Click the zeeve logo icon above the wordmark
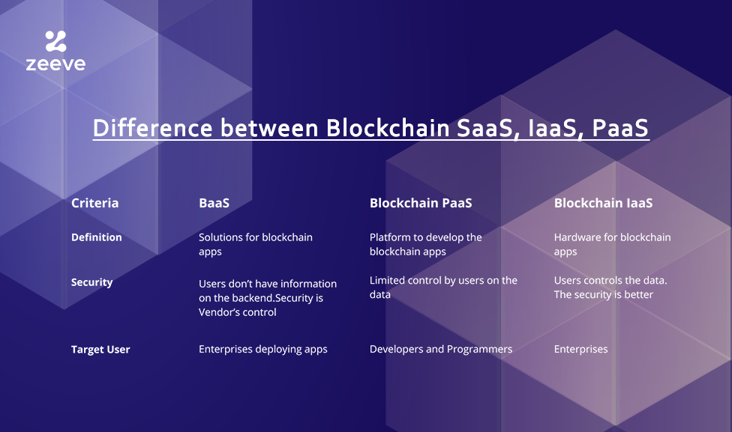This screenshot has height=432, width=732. [55, 41]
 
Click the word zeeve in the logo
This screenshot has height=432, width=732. [55, 64]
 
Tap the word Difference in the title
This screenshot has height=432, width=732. [153, 127]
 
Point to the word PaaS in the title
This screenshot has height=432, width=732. [620, 127]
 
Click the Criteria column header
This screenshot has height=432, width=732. [94, 203]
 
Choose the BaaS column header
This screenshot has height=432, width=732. [214, 203]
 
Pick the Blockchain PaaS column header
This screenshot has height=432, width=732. [421, 203]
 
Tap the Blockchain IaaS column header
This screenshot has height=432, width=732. [603, 203]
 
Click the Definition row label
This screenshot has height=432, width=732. [97, 237]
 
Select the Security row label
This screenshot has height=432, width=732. [92, 282]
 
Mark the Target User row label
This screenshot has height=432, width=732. [100, 350]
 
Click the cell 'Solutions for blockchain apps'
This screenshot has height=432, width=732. [255, 244]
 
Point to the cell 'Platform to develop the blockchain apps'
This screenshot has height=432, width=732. [426, 244]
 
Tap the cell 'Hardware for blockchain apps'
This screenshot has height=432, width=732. [612, 244]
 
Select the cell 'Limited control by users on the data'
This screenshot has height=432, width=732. [443, 287]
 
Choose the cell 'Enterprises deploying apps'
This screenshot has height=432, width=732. [262, 350]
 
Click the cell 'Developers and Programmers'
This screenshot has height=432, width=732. [441, 349]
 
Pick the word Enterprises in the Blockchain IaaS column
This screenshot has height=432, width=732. [580, 349]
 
